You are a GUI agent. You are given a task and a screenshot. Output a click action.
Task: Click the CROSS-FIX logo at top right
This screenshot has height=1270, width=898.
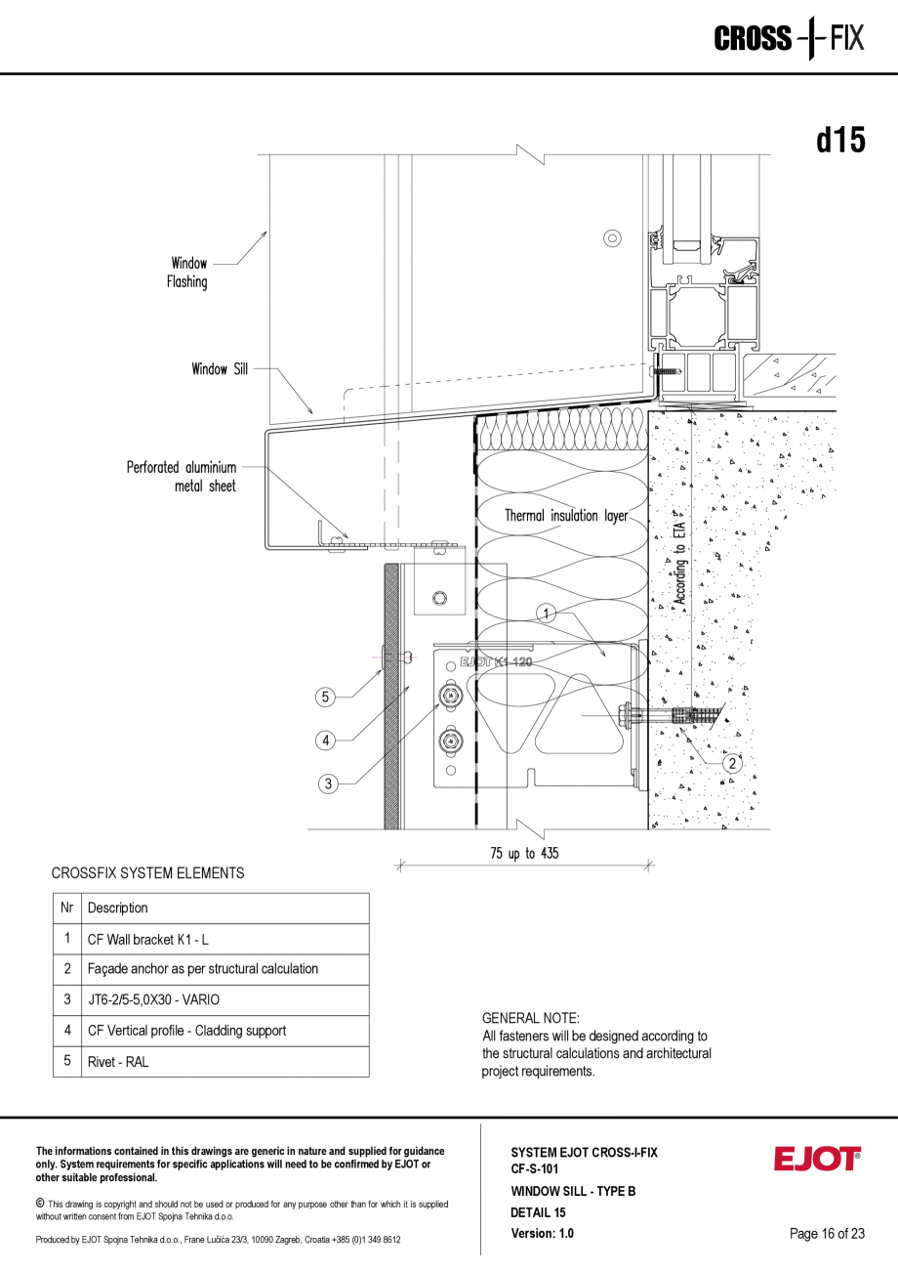pos(789,39)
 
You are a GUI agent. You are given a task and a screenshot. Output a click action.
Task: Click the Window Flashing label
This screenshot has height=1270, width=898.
pos(188,273)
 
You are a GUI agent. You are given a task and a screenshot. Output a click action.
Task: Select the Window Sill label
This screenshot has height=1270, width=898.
pos(220,369)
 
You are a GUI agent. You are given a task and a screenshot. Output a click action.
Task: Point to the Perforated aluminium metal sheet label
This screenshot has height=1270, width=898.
pos(182,477)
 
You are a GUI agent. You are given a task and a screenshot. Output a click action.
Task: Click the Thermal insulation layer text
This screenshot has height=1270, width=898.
pos(566,516)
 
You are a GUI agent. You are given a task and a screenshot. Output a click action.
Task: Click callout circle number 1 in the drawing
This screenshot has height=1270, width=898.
pos(547,613)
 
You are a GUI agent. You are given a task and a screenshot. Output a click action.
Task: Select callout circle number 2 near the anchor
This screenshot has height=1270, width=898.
pos(732,764)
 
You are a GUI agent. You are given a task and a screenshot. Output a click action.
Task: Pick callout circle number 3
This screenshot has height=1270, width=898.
pos(328,783)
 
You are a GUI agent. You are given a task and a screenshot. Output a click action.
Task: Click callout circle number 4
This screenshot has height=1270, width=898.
pos(326,740)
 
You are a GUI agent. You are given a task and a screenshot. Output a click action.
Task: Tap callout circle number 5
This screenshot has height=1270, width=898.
pos(326,697)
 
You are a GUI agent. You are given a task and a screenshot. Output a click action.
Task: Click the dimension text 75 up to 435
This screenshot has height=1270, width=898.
pos(524,854)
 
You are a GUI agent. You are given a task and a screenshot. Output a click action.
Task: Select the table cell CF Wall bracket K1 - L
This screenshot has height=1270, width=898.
pos(148,940)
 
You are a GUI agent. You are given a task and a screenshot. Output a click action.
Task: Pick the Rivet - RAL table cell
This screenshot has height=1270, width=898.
pos(118,1062)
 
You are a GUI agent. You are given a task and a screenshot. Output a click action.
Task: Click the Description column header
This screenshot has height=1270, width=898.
pos(118,909)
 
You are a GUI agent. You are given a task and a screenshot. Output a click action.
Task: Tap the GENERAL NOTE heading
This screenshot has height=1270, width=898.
pos(530,1018)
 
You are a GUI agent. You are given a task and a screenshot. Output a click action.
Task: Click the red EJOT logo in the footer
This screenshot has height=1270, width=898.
pos(817,1159)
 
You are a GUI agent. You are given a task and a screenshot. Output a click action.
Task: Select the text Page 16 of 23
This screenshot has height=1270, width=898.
pos(827,1234)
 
